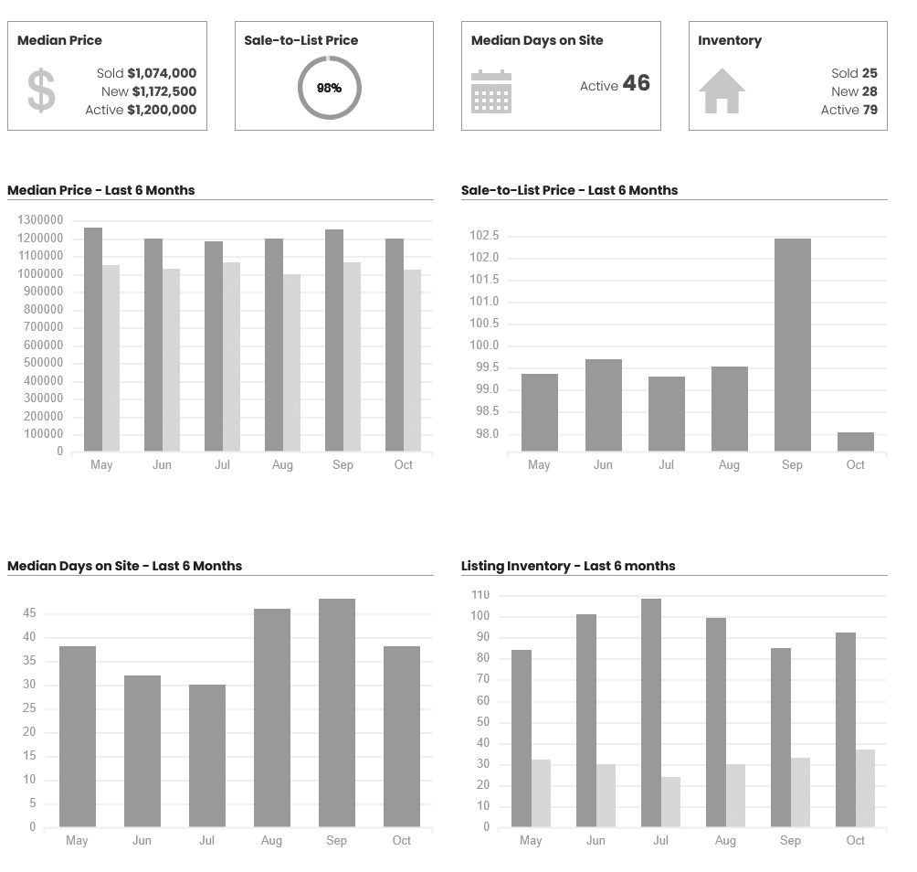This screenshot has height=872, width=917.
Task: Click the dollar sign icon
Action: coord(41,90)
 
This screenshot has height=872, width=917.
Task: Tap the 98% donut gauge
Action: coord(330,88)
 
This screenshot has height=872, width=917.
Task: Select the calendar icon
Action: coord(491,91)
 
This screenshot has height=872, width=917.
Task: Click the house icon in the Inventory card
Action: coord(722,91)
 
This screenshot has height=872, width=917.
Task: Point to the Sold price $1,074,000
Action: coord(162,73)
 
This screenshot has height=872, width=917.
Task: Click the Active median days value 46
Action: coord(637,84)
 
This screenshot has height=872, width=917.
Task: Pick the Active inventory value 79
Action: coord(870,110)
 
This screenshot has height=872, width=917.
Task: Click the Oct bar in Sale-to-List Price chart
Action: coord(855,441)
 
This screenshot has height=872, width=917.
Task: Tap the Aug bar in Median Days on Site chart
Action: coord(271,718)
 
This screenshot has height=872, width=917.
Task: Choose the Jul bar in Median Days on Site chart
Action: coord(206,756)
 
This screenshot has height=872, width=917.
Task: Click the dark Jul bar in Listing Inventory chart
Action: coord(651,713)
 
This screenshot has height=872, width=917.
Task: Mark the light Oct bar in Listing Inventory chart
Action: coord(865,788)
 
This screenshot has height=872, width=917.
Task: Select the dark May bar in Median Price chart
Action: coord(92,339)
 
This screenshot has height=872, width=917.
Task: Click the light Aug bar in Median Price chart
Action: coord(291,363)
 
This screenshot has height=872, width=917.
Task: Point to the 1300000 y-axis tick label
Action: coord(40,220)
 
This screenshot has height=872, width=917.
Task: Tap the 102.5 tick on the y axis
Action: coord(484,236)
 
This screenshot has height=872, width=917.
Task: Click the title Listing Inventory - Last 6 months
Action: coord(568,566)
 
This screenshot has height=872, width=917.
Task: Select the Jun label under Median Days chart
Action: coord(142,841)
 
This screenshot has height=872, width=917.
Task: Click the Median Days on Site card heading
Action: coord(537,40)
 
